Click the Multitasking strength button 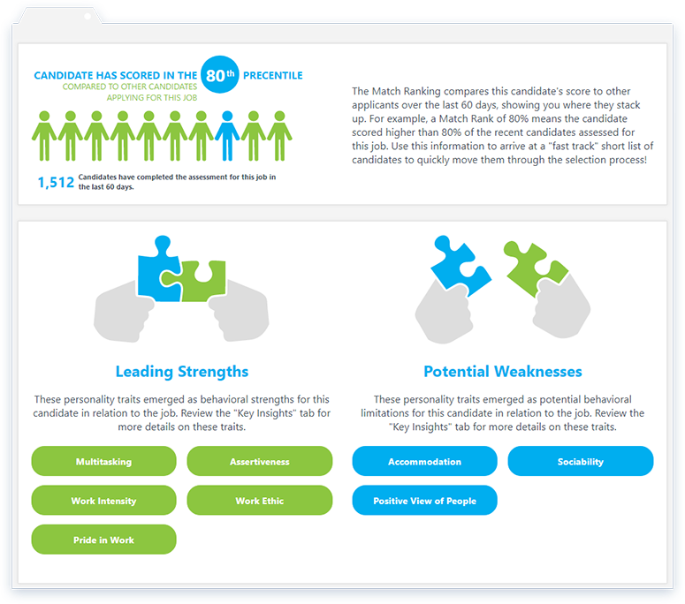(103, 461)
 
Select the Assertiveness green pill (260, 461)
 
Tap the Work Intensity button (103, 500)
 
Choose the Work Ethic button (260, 500)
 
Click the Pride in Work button (103, 540)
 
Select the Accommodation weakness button (424, 461)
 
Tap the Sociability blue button (581, 461)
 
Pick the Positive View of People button (424, 500)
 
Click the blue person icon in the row (227, 136)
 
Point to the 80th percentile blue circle (220, 75)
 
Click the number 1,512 (56, 182)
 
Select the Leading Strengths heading (182, 372)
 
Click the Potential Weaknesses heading (503, 372)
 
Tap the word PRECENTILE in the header (272, 76)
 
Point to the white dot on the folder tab (88, 17)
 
